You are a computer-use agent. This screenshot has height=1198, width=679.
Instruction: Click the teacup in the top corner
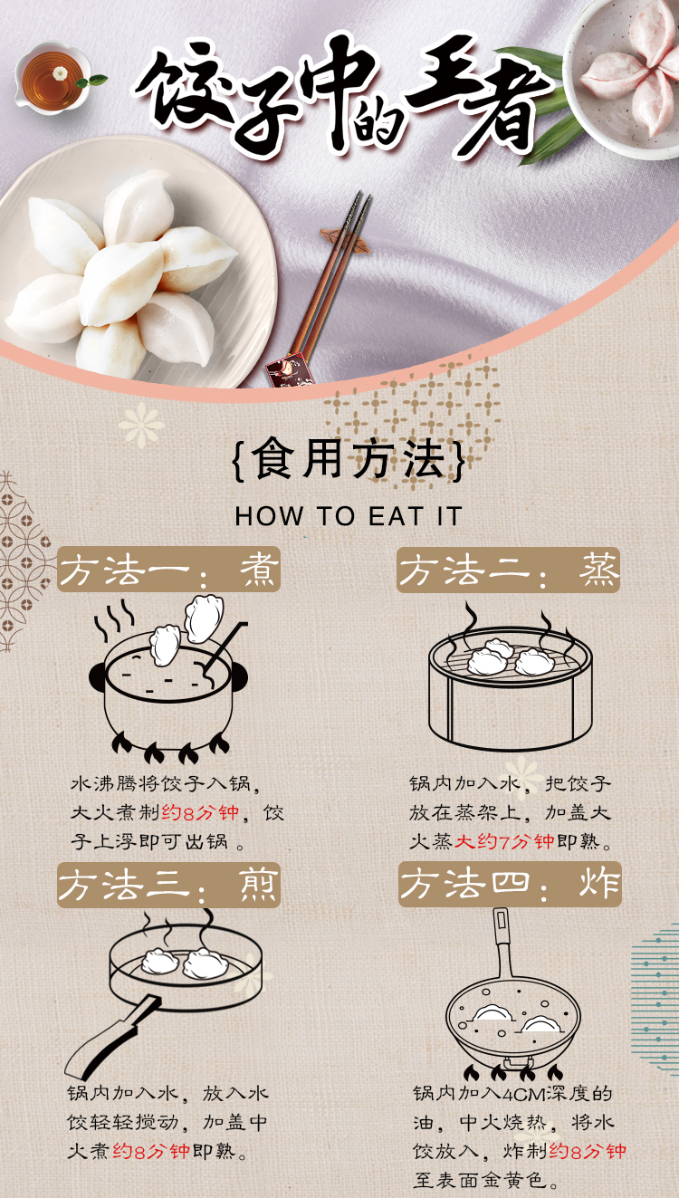click(x=52, y=78)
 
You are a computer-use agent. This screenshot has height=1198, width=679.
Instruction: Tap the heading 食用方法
click(x=349, y=459)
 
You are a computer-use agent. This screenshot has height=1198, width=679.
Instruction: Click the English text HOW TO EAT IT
click(x=348, y=517)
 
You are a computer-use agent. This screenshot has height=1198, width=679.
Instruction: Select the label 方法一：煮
click(x=169, y=569)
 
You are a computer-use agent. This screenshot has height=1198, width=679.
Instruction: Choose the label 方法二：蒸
click(x=508, y=570)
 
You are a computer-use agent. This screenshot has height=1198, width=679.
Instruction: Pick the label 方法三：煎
click(x=169, y=885)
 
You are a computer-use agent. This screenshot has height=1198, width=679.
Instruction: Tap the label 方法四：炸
click(x=510, y=884)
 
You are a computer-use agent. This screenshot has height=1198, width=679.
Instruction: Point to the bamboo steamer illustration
click(x=511, y=679)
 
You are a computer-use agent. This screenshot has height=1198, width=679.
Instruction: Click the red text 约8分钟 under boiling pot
click(x=200, y=813)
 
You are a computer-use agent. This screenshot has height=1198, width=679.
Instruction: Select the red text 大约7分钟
click(x=504, y=842)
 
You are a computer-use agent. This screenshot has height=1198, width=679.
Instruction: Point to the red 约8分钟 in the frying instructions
click(x=151, y=1151)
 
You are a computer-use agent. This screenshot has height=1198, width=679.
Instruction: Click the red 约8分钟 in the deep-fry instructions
click(x=587, y=1150)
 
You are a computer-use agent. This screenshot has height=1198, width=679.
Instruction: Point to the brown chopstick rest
click(x=345, y=239)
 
